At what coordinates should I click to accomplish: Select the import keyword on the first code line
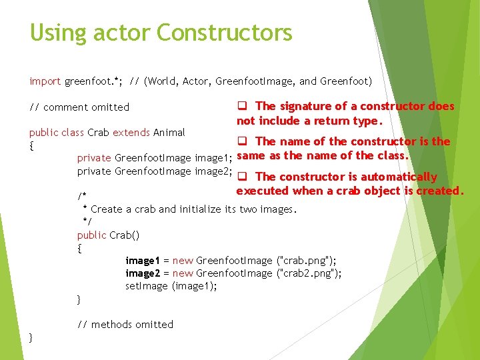click(x=45, y=81)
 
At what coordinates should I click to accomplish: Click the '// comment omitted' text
click(x=79, y=107)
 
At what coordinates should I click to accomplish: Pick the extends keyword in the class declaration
click(x=131, y=132)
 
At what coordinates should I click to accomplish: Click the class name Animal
click(x=169, y=132)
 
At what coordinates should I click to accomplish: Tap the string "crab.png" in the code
click(x=306, y=260)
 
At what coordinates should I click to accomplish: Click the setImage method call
click(x=147, y=285)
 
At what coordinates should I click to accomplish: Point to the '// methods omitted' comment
click(x=125, y=324)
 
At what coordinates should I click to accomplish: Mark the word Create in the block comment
click(x=106, y=209)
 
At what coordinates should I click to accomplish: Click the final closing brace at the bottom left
click(x=31, y=337)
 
